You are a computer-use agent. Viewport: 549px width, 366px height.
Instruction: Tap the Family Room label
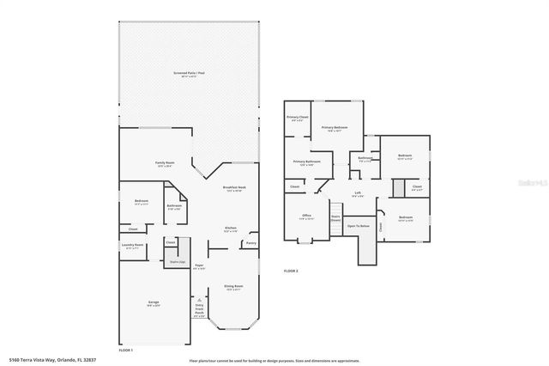[x=165, y=163]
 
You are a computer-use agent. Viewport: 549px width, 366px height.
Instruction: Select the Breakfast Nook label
[x=234, y=187]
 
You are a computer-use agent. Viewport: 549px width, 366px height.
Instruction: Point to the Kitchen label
[x=230, y=228]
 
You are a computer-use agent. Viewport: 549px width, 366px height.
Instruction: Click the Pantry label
[x=250, y=243]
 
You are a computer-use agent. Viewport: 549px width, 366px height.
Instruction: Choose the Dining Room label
[x=233, y=287]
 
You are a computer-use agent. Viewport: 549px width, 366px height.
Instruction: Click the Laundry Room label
[x=132, y=245]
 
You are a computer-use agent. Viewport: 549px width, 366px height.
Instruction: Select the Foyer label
[x=199, y=265]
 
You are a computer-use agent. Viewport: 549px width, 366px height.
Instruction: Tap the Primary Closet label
[x=298, y=118]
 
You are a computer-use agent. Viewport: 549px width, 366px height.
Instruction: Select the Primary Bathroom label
[x=306, y=162]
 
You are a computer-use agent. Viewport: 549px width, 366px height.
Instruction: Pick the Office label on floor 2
[x=306, y=216]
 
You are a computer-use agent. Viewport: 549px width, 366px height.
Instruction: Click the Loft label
[x=357, y=193]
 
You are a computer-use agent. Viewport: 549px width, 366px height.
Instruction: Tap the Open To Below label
[x=359, y=226]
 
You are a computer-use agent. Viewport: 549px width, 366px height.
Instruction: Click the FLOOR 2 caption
[x=292, y=271]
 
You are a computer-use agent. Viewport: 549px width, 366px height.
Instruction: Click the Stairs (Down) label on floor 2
[x=335, y=217]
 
